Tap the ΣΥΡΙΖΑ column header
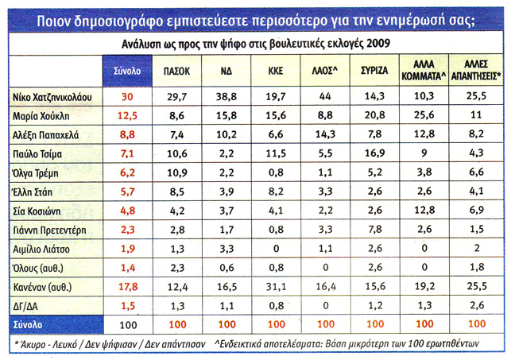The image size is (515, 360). click(x=374, y=70)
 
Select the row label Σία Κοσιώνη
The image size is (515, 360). click(x=41, y=211)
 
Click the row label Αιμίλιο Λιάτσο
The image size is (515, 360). click(x=45, y=249)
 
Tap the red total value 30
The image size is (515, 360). click(x=126, y=96)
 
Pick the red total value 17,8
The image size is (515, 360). click(x=127, y=287)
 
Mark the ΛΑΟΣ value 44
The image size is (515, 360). click(x=323, y=96)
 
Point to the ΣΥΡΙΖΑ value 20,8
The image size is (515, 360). click(x=374, y=116)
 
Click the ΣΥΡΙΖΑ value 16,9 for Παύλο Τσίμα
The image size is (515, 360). click(x=374, y=153)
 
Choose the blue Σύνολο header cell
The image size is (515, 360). click(x=126, y=70)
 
